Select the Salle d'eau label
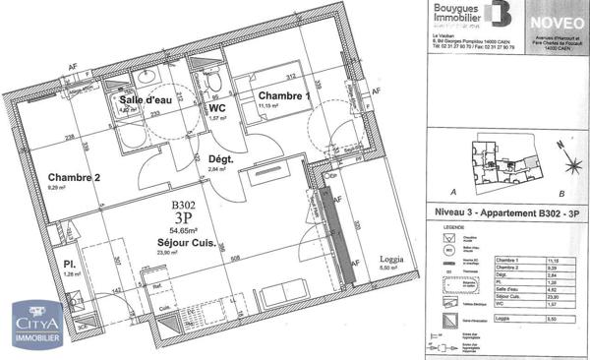pyautogui.click(x=144, y=102)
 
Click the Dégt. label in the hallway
pyautogui.click(x=220, y=158)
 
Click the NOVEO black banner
pyautogui.click(x=546, y=20)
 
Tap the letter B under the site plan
pyautogui.click(x=560, y=194)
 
